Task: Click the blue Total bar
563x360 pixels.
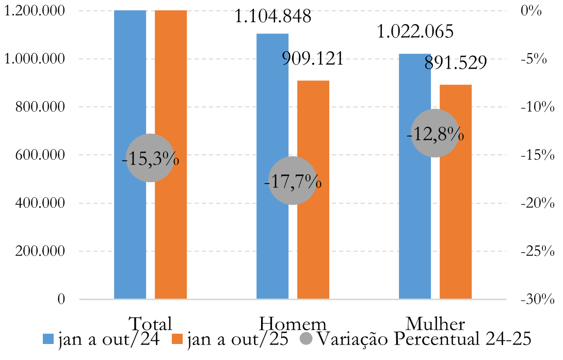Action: [130, 77]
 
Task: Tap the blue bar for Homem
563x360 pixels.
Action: [272, 103]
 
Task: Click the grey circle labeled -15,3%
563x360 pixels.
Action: [150, 158]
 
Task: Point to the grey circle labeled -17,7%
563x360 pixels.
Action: [293, 181]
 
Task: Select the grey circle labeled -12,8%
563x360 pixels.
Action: [435, 134]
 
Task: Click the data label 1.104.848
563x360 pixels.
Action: [273, 17]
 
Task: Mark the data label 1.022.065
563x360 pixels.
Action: [415, 32]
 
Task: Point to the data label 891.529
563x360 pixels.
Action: [456, 63]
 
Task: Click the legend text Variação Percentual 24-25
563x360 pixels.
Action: [423, 339]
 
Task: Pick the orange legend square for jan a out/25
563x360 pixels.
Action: [177, 339]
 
